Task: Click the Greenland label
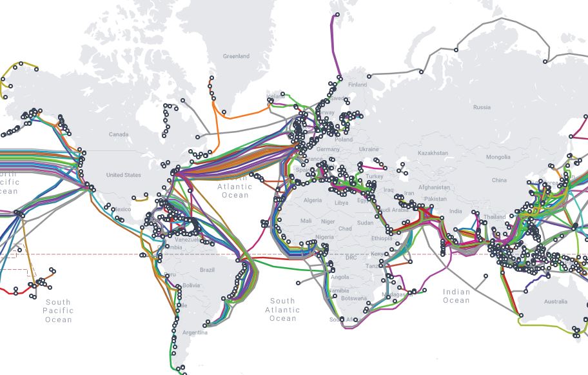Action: pyautogui.click(x=236, y=56)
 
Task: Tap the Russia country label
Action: pyautogui.click(x=482, y=107)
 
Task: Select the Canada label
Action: pyautogui.click(x=119, y=134)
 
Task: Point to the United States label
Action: pyautogui.click(x=123, y=175)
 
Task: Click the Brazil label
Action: pyautogui.click(x=207, y=269)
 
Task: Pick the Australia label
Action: pyautogui.click(x=556, y=301)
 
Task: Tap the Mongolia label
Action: pyautogui.click(x=498, y=157)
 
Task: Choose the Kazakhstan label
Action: pyautogui.click(x=433, y=153)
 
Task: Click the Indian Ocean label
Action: pyautogui.click(x=456, y=296)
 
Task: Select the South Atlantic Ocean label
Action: pyautogui.click(x=282, y=310)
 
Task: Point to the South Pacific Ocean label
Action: pyautogui.click(x=58, y=310)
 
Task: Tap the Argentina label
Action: pyautogui.click(x=195, y=333)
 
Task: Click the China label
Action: pyautogui.click(x=499, y=180)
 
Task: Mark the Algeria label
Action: pyautogui.click(x=312, y=201)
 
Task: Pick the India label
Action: pyautogui.click(x=456, y=211)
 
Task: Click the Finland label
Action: pyautogui.click(x=357, y=85)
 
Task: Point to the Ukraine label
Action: pyautogui.click(x=369, y=149)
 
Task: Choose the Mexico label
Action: pyautogui.click(x=122, y=209)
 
